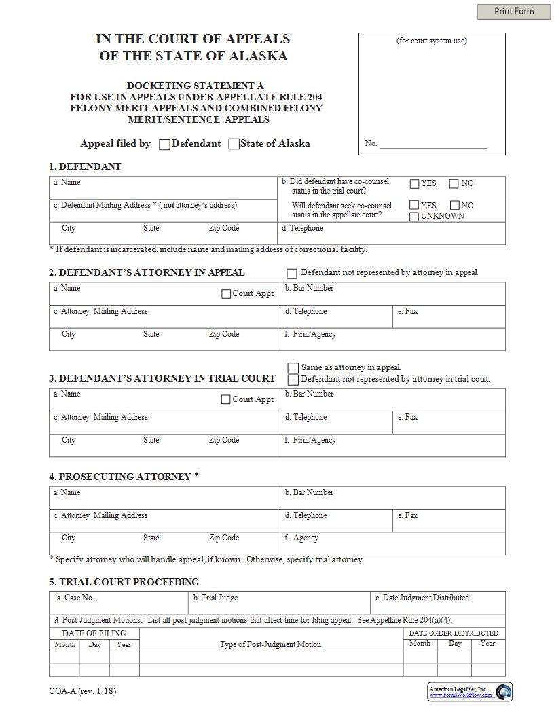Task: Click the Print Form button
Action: (x=514, y=11)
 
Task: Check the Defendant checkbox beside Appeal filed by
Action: (x=164, y=144)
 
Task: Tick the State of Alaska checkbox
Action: (x=234, y=144)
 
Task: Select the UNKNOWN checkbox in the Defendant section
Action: (x=414, y=217)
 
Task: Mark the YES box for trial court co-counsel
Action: (x=414, y=183)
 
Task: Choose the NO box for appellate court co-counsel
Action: (x=454, y=205)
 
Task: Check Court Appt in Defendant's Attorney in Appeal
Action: (x=226, y=294)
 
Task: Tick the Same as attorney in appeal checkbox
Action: (x=293, y=367)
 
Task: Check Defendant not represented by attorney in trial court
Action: (x=293, y=380)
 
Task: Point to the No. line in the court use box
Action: (x=433, y=143)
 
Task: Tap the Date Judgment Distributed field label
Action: (x=426, y=597)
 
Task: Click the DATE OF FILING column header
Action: (x=94, y=633)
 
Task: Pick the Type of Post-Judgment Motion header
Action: (x=270, y=644)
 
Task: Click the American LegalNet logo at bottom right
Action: (x=503, y=692)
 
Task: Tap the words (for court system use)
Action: (x=432, y=41)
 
